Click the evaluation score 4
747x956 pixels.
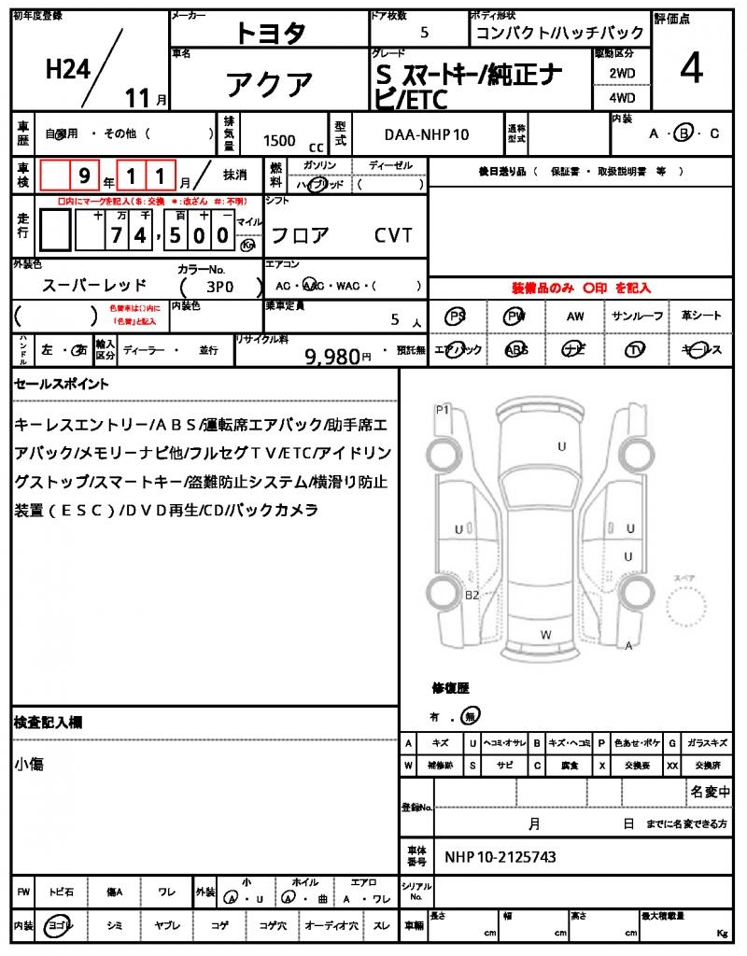(691, 70)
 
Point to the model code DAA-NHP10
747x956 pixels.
(427, 135)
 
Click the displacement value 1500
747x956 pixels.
(279, 140)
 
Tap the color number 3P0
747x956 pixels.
(218, 286)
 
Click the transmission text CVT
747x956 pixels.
(393, 235)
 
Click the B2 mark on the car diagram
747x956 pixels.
(472, 595)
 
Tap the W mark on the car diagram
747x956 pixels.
(544, 634)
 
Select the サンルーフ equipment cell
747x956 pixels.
(638, 316)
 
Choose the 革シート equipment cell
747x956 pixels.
(700, 316)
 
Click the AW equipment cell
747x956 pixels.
(575, 316)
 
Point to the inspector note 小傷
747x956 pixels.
(29, 765)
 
